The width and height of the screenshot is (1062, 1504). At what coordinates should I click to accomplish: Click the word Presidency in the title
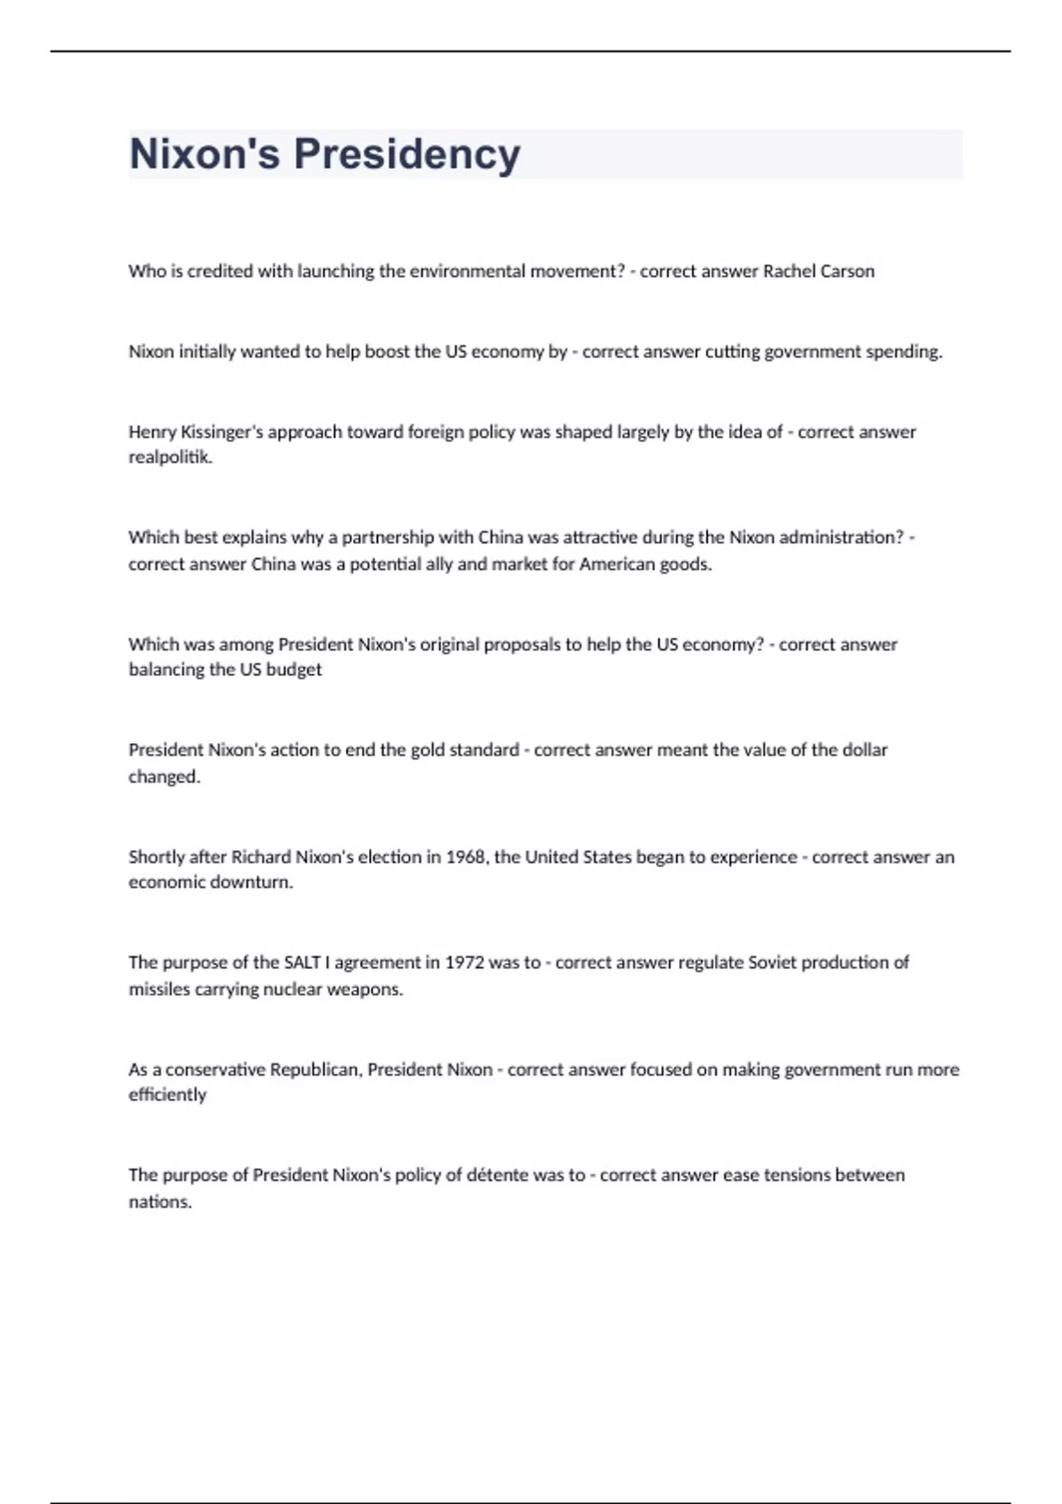pyautogui.click(x=407, y=154)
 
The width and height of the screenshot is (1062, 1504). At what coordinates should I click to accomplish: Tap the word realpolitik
pyautogui.click(x=170, y=457)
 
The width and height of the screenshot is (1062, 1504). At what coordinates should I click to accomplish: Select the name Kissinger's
pyautogui.click(x=221, y=432)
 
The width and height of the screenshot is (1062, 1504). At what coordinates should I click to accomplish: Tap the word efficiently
pyautogui.click(x=167, y=1094)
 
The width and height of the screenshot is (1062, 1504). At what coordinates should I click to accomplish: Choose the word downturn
pyautogui.click(x=250, y=882)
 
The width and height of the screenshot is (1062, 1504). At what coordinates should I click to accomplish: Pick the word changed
pyautogui.click(x=165, y=777)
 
